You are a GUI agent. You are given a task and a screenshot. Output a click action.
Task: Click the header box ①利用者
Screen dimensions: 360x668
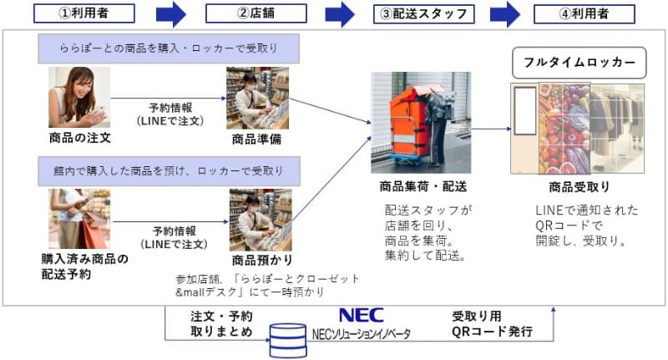[83, 13]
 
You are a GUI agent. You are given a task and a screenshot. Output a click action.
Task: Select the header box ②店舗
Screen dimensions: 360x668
[252, 13]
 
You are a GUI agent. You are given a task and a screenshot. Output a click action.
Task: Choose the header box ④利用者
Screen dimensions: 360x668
[584, 13]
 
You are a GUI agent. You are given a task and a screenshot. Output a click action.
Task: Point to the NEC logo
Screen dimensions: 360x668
[361, 315]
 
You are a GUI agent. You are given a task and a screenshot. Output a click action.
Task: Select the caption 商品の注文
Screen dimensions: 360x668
[80, 137]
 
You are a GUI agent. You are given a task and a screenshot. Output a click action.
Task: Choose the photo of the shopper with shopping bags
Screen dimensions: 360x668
[80, 219]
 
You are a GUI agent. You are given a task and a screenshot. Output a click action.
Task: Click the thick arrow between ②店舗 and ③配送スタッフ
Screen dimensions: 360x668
[340, 13]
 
